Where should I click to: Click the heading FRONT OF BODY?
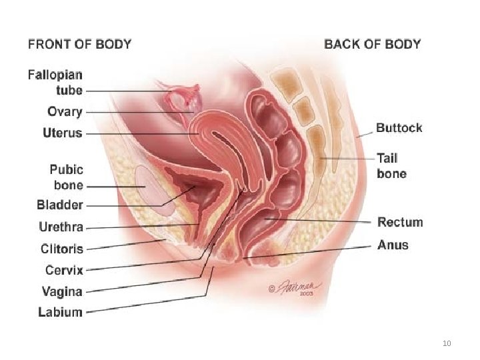pyautogui.click(x=79, y=45)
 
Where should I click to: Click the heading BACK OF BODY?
pyautogui.click(x=372, y=45)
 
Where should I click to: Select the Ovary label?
pyautogui.click(x=65, y=112)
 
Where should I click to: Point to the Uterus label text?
pyautogui.click(x=63, y=133)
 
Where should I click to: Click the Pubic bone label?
pyautogui.click(x=67, y=176)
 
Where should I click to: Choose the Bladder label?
pyautogui.click(x=60, y=205)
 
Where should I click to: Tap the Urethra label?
pyautogui.click(x=61, y=227)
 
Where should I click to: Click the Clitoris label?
pyautogui.click(x=61, y=249)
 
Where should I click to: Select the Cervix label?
pyautogui.click(x=64, y=270)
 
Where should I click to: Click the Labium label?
pyautogui.click(x=60, y=311)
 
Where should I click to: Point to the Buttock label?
pyautogui.click(x=399, y=127)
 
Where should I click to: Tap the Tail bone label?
pyautogui.click(x=392, y=166)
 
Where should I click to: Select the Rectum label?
pyautogui.click(x=400, y=222)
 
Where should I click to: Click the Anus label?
pyautogui.click(x=393, y=245)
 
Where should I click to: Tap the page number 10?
pyautogui.click(x=447, y=343)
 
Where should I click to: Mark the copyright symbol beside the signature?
pyautogui.click(x=272, y=289)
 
